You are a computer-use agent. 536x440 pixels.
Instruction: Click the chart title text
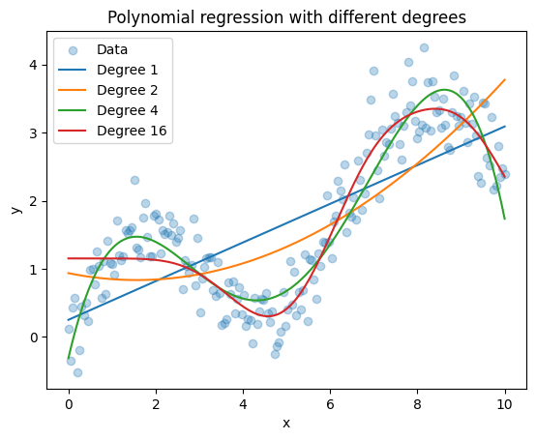tap(286, 17)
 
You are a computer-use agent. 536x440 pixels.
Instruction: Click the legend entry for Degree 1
tap(127, 70)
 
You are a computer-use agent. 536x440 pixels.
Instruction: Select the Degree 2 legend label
tap(127, 90)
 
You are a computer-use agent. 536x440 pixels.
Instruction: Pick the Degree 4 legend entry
tap(127, 110)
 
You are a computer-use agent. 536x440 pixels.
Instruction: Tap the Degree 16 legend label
tap(132, 131)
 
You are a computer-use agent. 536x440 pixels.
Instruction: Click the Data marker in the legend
tap(73, 50)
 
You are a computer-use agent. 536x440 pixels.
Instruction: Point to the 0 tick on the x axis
tap(69, 405)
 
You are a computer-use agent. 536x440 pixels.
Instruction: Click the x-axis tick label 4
tap(243, 405)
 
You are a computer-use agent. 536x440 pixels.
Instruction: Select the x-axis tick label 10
tap(504, 405)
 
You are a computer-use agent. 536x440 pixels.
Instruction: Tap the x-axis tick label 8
tap(417, 405)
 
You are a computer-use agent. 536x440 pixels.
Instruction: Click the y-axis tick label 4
tap(34, 65)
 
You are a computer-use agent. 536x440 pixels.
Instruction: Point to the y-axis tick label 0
tap(34, 337)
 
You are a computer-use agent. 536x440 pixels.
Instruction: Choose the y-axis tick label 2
tap(34, 201)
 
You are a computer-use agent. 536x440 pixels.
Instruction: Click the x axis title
tap(286, 424)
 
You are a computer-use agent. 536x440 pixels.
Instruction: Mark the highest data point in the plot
tap(424, 47)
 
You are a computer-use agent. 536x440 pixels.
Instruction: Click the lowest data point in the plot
tap(77, 372)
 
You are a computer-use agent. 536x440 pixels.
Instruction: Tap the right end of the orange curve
tap(505, 79)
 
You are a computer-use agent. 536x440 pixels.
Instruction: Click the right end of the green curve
tap(505, 219)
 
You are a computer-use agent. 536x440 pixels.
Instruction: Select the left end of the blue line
tap(69, 320)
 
